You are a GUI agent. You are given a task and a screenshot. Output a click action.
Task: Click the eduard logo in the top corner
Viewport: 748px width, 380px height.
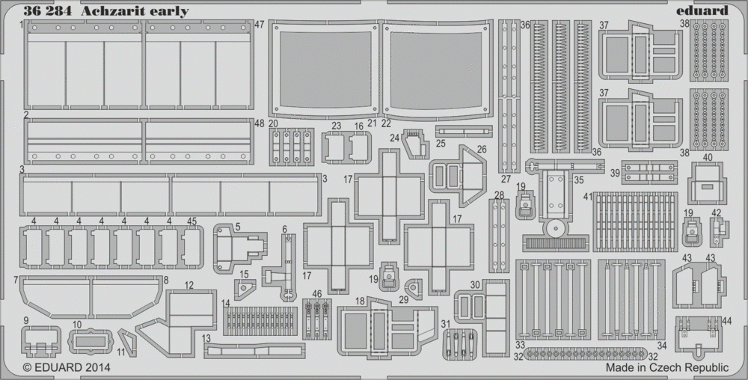click(x=702, y=10)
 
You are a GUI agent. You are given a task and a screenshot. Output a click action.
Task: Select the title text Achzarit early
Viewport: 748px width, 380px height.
click(x=135, y=11)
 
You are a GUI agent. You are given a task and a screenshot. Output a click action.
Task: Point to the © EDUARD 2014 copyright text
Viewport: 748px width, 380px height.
click(x=67, y=367)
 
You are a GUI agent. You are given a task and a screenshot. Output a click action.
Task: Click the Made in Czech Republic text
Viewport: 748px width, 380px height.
click(x=667, y=367)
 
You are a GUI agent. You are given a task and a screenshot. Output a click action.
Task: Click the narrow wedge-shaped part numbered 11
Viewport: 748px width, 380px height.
click(x=127, y=341)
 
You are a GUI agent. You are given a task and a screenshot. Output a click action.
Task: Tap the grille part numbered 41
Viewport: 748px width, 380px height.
click(x=635, y=221)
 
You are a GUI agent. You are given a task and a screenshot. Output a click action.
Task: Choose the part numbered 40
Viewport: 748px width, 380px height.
click(x=707, y=183)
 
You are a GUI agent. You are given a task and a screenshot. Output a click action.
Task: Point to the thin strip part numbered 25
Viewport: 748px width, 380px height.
click(x=464, y=131)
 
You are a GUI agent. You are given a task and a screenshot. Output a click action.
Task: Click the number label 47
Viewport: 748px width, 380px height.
click(x=260, y=25)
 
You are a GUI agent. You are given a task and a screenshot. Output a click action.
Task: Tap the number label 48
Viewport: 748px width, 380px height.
click(x=259, y=123)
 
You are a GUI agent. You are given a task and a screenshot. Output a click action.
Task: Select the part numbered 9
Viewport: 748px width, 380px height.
click(x=41, y=341)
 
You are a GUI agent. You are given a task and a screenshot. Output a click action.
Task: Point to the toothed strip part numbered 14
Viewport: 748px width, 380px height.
click(x=260, y=320)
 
